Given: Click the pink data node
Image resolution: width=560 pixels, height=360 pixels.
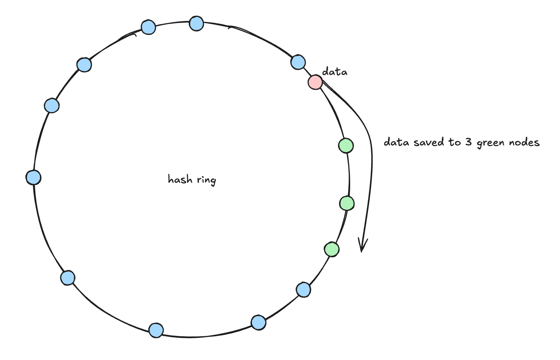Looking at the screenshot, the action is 315,82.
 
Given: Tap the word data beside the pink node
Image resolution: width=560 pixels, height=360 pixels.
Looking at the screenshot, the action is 334,72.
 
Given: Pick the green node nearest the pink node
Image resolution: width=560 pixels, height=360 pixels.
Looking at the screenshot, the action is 346,146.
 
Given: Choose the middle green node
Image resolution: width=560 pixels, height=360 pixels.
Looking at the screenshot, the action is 347,203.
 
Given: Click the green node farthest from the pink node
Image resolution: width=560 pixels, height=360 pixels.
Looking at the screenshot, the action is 332,249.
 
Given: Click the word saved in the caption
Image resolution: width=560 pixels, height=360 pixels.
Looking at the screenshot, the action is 429,142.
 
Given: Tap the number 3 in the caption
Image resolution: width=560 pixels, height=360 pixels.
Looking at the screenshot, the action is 468,142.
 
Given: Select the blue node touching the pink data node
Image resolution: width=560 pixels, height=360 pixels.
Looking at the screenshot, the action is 298,62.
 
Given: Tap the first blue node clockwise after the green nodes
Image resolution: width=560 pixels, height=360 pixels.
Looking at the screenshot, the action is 303,290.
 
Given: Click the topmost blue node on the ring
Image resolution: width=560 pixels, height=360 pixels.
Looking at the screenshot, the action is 196,23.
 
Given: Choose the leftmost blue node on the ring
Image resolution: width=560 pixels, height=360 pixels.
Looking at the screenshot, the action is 34,177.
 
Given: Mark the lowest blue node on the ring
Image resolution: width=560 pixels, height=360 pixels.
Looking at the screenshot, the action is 156,330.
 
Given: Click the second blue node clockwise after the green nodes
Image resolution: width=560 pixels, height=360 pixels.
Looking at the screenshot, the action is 258,322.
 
